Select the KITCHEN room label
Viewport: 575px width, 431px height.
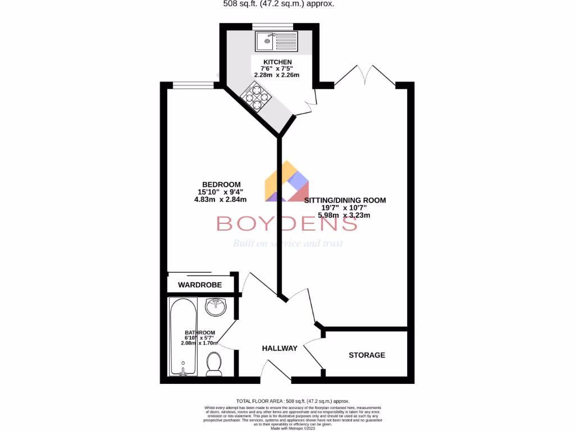pos(278,62)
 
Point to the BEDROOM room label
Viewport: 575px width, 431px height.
pos(221,185)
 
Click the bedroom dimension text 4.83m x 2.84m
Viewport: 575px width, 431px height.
pos(221,199)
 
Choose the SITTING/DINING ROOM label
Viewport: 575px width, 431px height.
pos(345,200)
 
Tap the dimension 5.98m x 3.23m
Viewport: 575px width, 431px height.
pos(344,215)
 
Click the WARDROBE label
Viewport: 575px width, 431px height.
pos(200,285)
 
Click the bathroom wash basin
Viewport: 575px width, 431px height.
pos(216,307)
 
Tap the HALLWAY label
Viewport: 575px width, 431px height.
pos(280,349)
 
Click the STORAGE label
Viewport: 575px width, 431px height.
pos(367,355)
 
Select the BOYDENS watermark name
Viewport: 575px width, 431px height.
pos(287,224)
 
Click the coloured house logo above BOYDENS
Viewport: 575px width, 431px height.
pos(287,182)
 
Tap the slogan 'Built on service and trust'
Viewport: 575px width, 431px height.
pos(287,244)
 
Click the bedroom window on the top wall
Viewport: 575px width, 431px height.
pos(192,85)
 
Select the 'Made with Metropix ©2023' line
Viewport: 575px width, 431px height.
pos(293,428)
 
